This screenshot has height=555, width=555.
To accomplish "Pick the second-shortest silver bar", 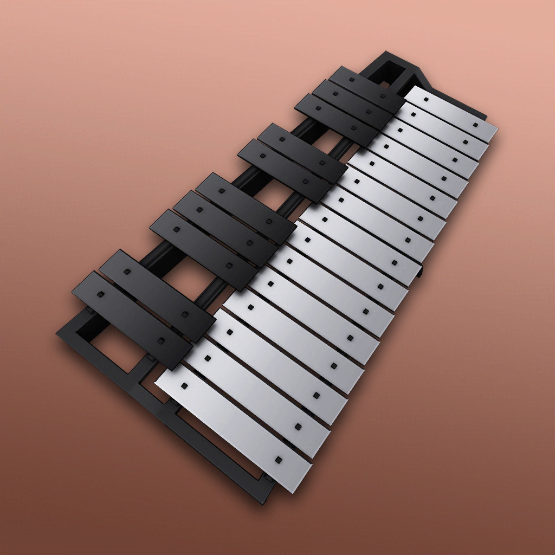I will (442, 130).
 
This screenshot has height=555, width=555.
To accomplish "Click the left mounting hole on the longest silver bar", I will (185, 386).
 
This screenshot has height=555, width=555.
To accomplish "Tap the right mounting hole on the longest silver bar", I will (278, 460).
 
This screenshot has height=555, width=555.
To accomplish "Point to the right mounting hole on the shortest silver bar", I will (475, 125).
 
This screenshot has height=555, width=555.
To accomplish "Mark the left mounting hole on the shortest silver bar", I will (426, 100).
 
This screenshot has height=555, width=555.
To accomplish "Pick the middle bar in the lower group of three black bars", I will (225, 227).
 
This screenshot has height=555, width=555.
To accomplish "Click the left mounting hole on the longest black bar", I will (100, 294).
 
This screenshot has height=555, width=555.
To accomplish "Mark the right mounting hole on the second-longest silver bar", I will (298, 427).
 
